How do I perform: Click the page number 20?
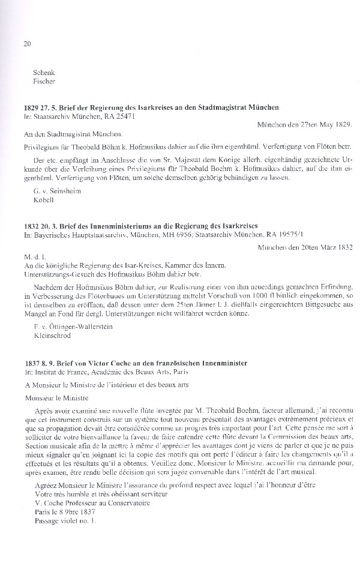point(28,44)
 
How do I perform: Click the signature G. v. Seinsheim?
point(58,190)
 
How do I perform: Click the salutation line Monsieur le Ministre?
point(58,398)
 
